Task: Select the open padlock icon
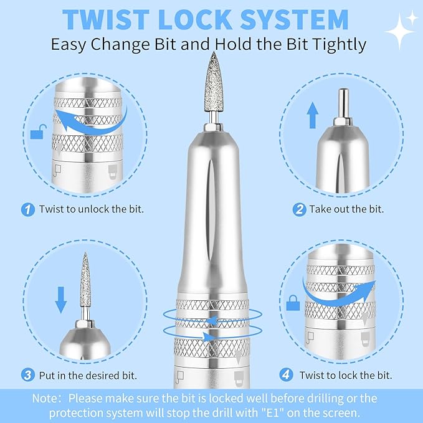click(38, 131)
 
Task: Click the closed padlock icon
click(293, 303)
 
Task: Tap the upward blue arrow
click(312, 115)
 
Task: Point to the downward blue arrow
click(60, 300)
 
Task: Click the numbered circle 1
click(28, 209)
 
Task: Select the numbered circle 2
click(299, 209)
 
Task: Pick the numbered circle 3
click(28, 375)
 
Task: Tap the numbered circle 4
click(286, 374)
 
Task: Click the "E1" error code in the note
click(270, 413)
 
